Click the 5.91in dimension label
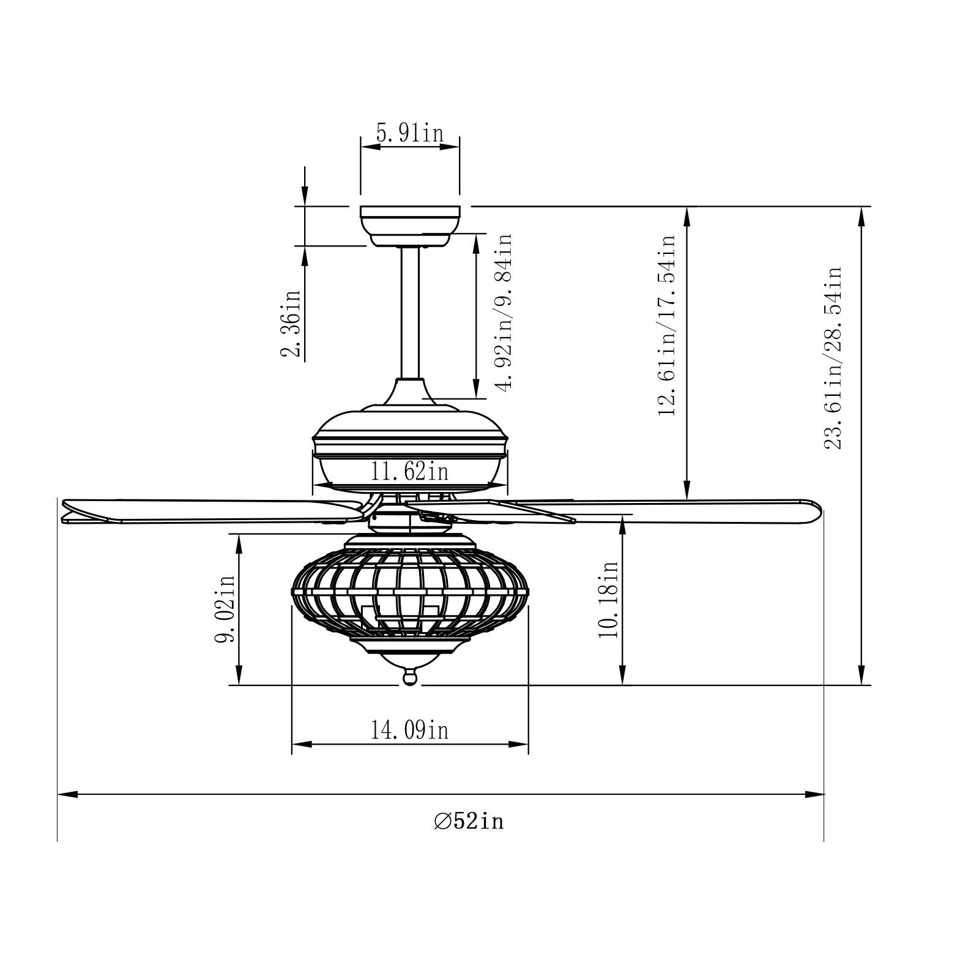coord(409,133)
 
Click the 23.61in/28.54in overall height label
coord(833,358)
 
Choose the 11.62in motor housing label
coord(409,472)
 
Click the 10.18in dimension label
coord(609,600)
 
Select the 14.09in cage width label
coord(409,730)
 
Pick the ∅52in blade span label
coord(469,821)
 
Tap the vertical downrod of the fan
coord(409,312)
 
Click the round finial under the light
coord(409,677)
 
